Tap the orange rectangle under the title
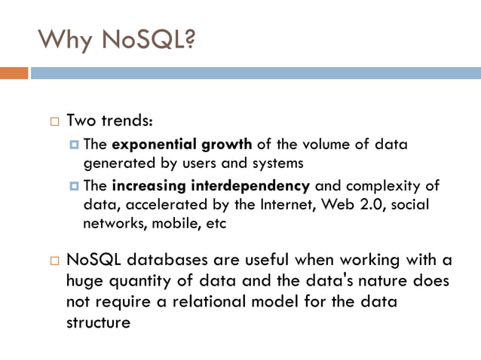[x=14, y=74]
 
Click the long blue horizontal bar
[x=256, y=74]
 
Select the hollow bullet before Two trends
[x=53, y=121]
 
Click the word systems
[x=277, y=162]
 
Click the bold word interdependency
[x=262, y=185]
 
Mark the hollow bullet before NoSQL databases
[x=53, y=261]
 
